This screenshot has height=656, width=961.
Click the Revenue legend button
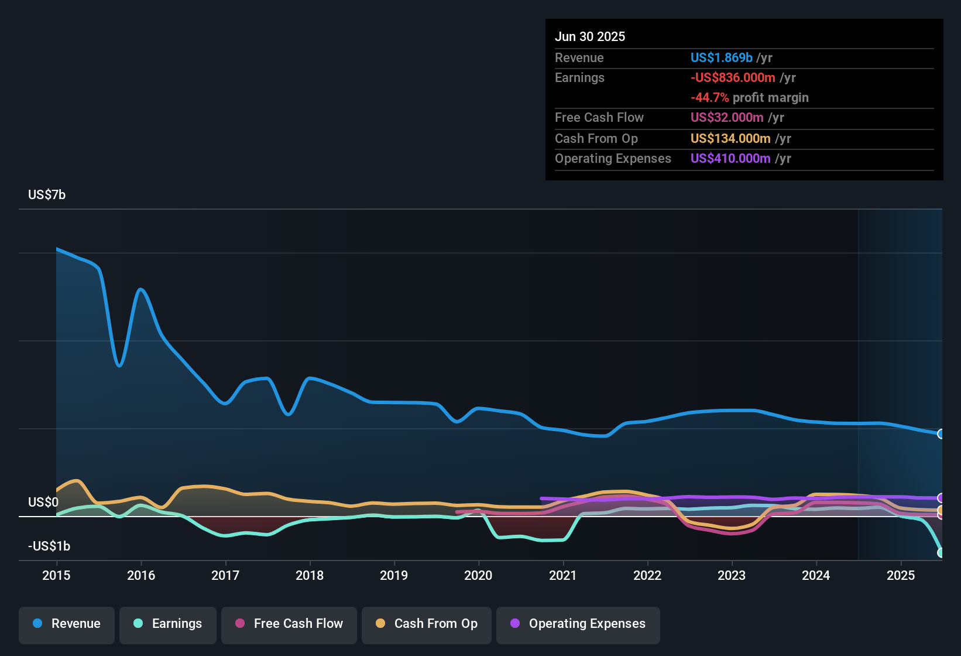[x=67, y=624]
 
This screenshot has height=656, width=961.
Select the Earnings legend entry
[x=168, y=624]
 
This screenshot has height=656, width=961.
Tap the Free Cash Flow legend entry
[x=289, y=624]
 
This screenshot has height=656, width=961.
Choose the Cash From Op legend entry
[x=427, y=624]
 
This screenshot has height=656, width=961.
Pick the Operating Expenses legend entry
[x=578, y=624]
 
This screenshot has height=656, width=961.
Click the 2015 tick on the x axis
[x=56, y=575]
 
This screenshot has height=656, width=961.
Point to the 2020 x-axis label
[x=478, y=575]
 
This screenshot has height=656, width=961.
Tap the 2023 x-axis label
[x=732, y=575]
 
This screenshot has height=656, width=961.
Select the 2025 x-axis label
[x=900, y=575]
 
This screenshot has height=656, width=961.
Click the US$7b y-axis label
[x=47, y=194]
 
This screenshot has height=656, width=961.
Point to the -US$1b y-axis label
[x=49, y=546]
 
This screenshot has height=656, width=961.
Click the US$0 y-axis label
[x=43, y=502]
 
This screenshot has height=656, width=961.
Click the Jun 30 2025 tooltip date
[x=590, y=36]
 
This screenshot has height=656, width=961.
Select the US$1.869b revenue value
[x=721, y=57]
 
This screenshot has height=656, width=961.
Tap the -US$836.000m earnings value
[x=733, y=77]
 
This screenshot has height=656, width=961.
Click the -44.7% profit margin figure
[x=709, y=97]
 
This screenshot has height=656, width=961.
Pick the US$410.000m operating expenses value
[x=730, y=158]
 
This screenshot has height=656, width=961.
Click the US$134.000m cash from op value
[x=730, y=138]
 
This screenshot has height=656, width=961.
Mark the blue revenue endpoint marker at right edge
[x=941, y=434]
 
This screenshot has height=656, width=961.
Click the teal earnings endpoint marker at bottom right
[x=941, y=552]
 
